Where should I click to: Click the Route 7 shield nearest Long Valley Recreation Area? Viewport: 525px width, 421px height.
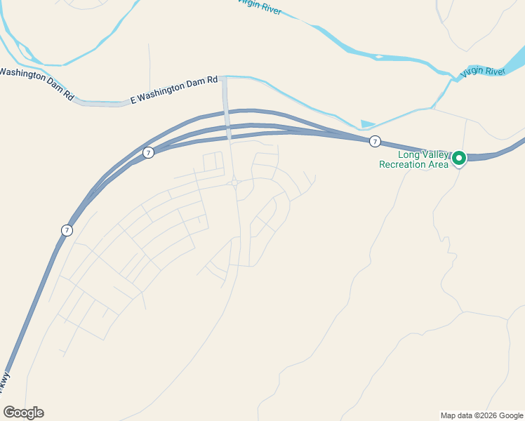pos(375,142)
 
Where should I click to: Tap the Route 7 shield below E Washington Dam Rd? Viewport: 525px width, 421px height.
pos(148,152)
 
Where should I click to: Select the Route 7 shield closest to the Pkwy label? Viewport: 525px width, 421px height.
pos(66,230)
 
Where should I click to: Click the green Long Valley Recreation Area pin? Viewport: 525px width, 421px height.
pos(459,159)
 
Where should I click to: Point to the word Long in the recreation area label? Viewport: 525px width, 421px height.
pos(410,155)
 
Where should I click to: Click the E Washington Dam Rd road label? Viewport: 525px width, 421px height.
pos(175,90)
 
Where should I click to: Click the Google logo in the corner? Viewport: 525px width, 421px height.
pos(23,413)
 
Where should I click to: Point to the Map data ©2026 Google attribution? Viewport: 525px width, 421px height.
pos(481,415)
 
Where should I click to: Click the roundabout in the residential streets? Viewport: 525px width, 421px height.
pos(235,182)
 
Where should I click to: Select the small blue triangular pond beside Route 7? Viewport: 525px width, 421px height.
pos(366,124)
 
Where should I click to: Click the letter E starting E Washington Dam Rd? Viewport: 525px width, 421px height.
pos(133,101)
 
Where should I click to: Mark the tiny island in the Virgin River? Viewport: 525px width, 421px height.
pos(379,57)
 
